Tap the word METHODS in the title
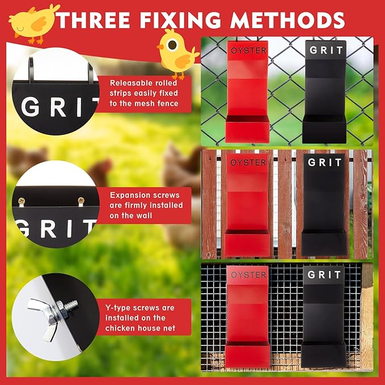(287, 20)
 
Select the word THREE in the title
(93, 20)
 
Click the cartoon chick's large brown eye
(172, 45)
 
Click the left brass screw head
(22, 201)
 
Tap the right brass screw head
(81, 200)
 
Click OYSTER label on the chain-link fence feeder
(248, 50)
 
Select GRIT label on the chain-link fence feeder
(326, 50)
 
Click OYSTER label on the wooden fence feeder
(248, 163)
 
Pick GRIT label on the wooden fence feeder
(324, 162)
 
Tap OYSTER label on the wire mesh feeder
(248, 275)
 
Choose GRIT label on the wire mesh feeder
(324, 274)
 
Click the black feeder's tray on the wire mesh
(323, 354)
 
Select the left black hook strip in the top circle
(31, 70)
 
